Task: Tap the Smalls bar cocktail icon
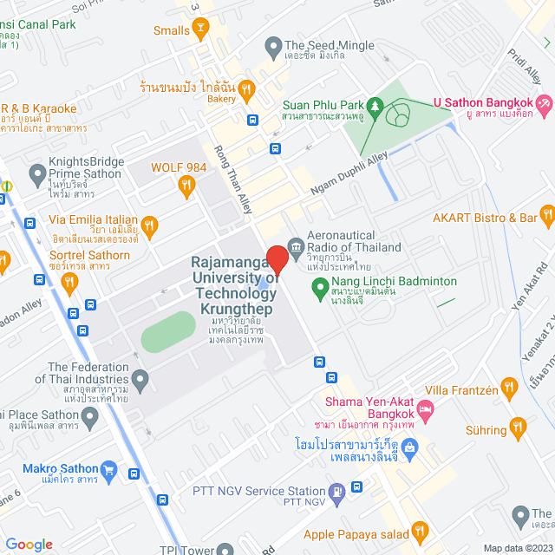[201, 31]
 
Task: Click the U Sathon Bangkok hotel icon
[545, 105]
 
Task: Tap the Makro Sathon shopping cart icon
[108, 470]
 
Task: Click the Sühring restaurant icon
[519, 426]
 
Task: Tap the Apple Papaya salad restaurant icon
[419, 530]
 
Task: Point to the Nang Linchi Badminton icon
[319, 282]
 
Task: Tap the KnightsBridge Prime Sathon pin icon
[37, 176]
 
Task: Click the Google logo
[29, 544]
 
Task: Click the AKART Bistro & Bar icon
[546, 212]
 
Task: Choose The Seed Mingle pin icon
[273, 46]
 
